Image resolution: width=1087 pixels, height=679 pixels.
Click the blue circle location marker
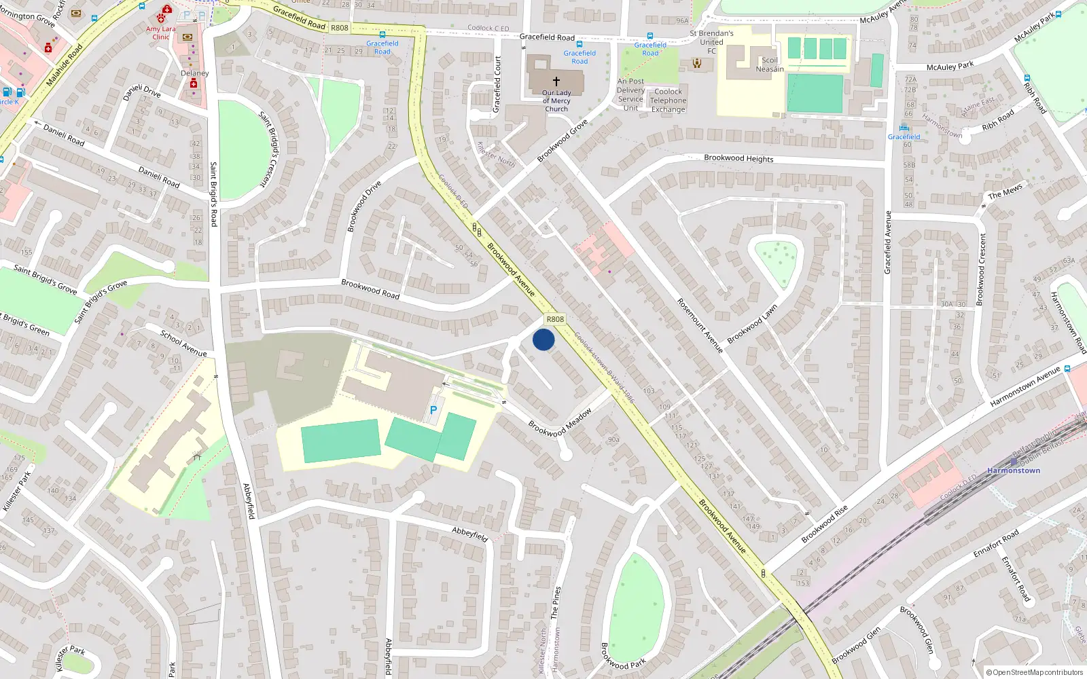point(543,339)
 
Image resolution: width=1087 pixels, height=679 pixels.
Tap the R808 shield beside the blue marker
point(555,319)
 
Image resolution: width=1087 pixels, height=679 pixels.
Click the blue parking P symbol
point(433,410)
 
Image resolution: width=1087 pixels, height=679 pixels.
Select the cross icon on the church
point(556,81)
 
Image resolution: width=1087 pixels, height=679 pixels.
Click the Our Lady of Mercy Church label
point(556,100)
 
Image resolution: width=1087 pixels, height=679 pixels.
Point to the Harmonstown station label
point(1014,471)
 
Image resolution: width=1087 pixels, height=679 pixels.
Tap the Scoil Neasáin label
point(770,65)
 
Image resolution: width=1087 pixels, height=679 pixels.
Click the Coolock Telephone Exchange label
point(669,100)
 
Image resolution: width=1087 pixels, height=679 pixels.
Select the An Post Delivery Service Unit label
point(630,94)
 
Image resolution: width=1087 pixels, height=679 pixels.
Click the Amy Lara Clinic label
point(161,33)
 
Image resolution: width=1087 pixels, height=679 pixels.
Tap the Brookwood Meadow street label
point(560,422)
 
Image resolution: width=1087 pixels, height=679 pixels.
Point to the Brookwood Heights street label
point(738,158)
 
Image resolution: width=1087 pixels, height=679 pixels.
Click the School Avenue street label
point(183,343)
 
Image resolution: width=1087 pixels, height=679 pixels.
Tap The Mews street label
point(1005,193)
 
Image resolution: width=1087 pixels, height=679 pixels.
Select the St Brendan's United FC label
point(711,41)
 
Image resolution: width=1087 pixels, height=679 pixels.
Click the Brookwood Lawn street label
point(752,325)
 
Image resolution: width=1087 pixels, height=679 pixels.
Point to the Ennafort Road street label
point(996,544)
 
